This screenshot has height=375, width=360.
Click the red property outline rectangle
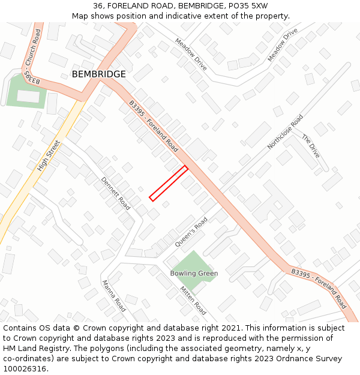coord(169,183)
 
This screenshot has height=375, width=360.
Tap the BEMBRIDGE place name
coord(99,74)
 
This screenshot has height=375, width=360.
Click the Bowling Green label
coord(194,274)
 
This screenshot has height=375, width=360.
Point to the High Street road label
coord(49,156)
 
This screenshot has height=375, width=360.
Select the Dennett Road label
coord(115,193)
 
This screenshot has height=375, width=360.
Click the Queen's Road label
coord(191,232)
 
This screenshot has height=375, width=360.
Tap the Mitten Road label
coord(193,301)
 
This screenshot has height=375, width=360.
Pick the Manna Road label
coord(113,296)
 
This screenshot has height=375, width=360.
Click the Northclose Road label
coord(286,132)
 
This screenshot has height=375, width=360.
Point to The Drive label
coord(311,146)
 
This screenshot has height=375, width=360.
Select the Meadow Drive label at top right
coord(283,44)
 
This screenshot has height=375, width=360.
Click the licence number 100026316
coord(25,369)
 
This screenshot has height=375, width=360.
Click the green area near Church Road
coord(26,91)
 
